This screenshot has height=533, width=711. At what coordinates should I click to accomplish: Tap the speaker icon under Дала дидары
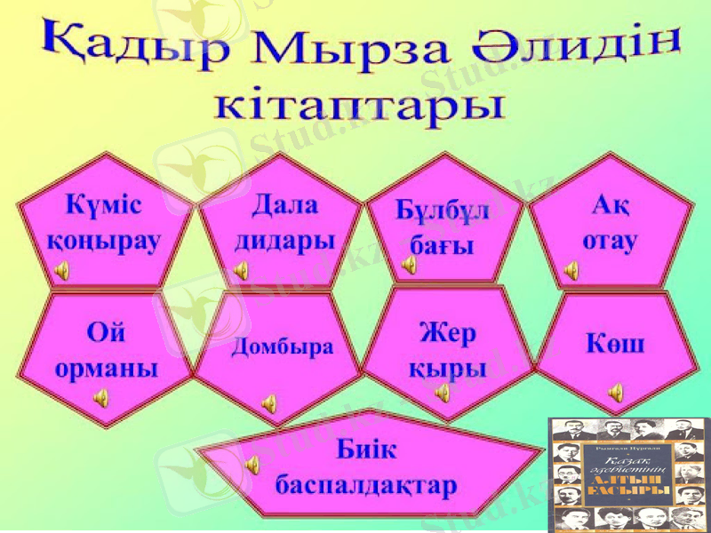241,271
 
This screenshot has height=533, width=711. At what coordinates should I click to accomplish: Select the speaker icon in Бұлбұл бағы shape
409,264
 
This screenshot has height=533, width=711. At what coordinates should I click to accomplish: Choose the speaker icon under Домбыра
268,405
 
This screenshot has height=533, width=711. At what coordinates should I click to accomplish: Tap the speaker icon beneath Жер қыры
442,393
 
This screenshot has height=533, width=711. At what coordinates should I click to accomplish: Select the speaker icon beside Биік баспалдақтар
252,463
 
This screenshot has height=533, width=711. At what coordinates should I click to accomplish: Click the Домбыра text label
283,346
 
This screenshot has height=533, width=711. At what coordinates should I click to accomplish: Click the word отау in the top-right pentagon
609,241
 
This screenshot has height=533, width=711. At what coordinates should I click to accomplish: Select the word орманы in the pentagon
107,368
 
